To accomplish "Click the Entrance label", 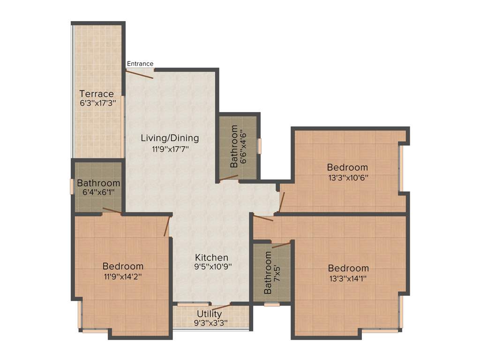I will click(x=140, y=64).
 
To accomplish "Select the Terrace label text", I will click(x=97, y=94).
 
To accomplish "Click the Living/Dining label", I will click(x=170, y=138).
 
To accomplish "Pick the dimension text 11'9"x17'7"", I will click(x=170, y=149).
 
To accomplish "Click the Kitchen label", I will click(x=212, y=257).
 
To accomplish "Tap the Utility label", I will click(x=210, y=314).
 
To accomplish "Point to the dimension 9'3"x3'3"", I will click(x=210, y=323).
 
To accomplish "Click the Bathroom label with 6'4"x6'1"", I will click(x=98, y=183).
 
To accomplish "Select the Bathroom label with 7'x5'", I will click(x=268, y=273).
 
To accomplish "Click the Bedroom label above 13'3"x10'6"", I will click(x=347, y=167).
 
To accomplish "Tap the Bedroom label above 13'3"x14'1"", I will click(x=348, y=268).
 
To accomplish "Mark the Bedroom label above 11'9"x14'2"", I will click(x=123, y=266).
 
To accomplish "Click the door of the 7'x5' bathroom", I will click(x=281, y=245).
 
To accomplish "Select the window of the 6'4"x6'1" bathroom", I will click(x=72, y=186).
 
